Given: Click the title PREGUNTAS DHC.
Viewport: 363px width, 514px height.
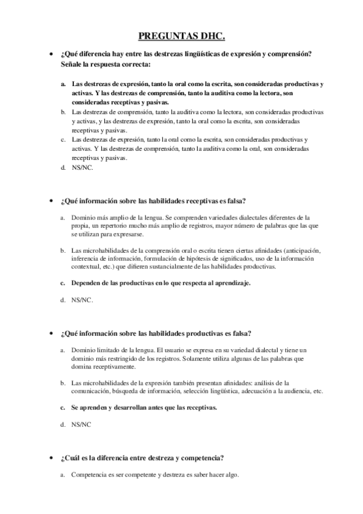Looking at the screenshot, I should (181, 36).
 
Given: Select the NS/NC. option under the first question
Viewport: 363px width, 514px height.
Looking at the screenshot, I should (82, 168).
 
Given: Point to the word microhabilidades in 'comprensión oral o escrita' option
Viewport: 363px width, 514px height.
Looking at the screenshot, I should (104, 251).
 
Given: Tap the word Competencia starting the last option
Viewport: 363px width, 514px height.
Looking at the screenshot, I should (90, 475).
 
